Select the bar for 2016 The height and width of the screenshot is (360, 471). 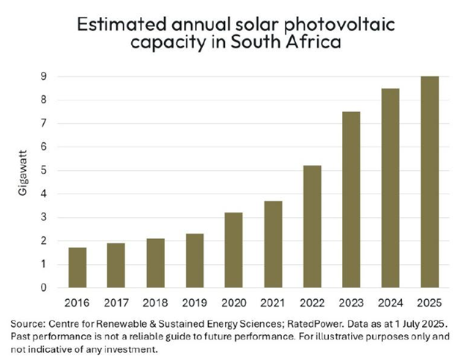click(x=78, y=268)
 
